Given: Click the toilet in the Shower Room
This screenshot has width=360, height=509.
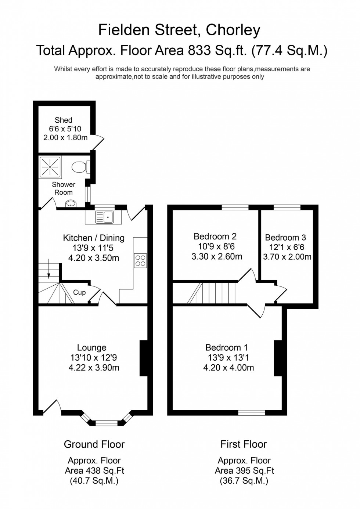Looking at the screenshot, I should point(79,167).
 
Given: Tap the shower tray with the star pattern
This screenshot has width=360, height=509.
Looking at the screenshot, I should point(50,167).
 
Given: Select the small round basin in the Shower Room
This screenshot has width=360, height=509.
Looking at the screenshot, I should point(70,203).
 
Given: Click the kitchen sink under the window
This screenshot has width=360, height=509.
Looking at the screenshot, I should point(104,217).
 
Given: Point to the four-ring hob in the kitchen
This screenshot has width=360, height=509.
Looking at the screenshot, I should point(140,260).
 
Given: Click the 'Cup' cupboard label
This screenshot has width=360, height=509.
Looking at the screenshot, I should point(79,292).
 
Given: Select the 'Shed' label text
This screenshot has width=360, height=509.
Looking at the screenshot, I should point(64,120).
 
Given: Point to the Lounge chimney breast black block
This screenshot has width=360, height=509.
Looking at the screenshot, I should point(144,358).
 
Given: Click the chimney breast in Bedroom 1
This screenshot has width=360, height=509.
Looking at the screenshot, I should point(278,358).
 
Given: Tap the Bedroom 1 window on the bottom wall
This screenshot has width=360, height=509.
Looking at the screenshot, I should point(251,413).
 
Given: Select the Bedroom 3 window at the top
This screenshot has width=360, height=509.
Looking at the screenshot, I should point(287,207).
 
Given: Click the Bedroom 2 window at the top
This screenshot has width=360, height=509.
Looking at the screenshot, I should point(235,207).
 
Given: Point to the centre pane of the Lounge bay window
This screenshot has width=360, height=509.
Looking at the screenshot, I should point(107,423).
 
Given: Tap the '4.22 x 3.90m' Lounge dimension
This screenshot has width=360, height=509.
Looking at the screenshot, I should point(94,368).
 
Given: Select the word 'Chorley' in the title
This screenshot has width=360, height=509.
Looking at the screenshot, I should point(233,30).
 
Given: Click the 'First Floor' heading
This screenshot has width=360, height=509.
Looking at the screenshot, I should point(243,444).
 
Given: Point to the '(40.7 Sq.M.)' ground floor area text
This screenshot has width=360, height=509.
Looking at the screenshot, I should point(94,481).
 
